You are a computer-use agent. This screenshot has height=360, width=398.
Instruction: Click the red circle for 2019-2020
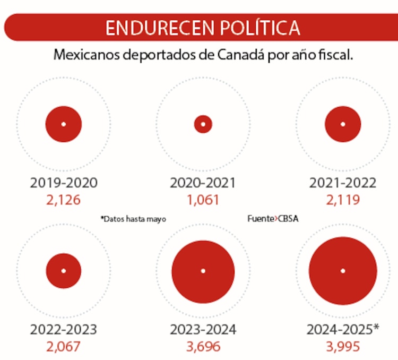[x=63, y=124]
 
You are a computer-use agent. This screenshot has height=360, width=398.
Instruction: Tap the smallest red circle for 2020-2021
[x=203, y=124]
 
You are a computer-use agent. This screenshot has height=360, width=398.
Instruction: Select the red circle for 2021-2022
[x=343, y=124]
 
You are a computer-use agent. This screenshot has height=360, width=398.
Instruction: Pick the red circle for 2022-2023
[x=63, y=270]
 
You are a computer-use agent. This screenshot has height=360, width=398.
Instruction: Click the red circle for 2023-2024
[x=203, y=270]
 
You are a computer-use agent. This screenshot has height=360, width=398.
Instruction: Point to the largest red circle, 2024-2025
[x=343, y=270]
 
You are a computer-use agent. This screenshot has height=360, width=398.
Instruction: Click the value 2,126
[x=63, y=200]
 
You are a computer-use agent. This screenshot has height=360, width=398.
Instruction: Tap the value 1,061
[x=203, y=200]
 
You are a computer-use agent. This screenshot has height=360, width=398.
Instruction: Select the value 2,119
[x=343, y=200]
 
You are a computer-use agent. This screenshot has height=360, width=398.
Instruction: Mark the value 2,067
[x=63, y=347]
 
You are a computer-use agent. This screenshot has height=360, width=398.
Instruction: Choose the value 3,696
[x=203, y=347]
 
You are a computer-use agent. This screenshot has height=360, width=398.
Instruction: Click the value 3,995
[x=343, y=347]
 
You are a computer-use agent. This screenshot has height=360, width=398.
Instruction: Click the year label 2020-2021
[x=203, y=183]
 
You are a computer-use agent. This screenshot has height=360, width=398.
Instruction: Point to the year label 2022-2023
[x=63, y=330]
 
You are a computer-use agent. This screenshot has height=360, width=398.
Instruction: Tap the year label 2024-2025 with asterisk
[x=343, y=330]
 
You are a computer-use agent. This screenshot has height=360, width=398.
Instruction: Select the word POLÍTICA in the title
[x=254, y=28]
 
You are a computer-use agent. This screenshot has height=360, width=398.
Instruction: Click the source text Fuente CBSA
[x=273, y=219]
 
